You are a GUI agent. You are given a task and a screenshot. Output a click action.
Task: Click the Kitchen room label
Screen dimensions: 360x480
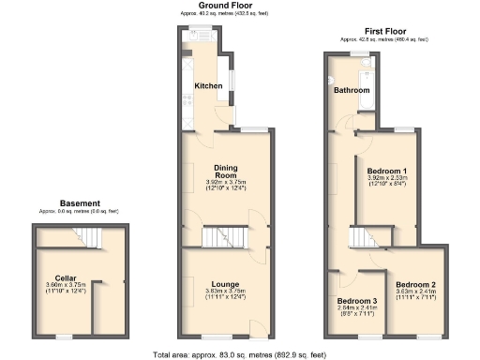[x=208, y=86]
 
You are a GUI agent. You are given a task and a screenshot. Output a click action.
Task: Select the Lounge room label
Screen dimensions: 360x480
[x=225, y=283]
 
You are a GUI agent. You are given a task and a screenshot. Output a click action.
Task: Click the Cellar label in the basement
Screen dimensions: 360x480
[x=66, y=277]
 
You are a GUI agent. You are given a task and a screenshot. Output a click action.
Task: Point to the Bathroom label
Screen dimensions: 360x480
[x=351, y=91]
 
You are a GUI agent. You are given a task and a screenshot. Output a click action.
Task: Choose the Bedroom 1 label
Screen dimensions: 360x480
[x=386, y=170]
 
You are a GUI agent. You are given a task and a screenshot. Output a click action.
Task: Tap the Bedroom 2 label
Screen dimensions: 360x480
[x=414, y=284]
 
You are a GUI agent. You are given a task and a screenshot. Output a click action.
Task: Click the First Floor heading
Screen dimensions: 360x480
[x=382, y=33]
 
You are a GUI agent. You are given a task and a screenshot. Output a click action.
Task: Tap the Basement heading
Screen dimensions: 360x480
[x=79, y=202]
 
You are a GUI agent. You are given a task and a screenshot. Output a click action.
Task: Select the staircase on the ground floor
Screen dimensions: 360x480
[x=225, y=236]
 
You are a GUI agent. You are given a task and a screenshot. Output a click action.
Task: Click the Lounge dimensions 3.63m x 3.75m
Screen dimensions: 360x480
[x=225, y=293]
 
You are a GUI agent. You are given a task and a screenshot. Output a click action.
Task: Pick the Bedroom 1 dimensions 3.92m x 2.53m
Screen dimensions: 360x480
[x=386, y=180]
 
